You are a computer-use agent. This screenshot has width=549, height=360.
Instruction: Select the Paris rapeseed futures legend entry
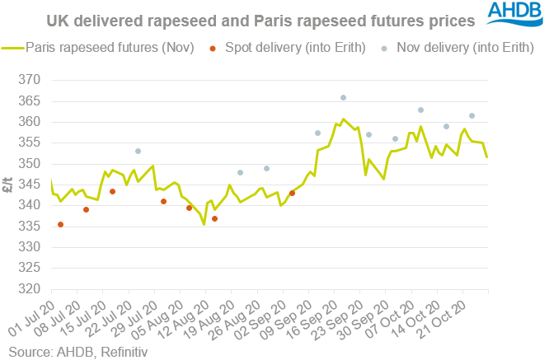[99, 47]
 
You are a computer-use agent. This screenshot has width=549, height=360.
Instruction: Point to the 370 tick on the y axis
[30, 80]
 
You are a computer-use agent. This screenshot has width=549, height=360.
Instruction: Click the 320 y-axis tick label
[30, 290]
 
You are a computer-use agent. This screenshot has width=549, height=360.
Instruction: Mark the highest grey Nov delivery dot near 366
[343, 97]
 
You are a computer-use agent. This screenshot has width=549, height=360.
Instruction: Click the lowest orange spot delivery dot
[60, 224]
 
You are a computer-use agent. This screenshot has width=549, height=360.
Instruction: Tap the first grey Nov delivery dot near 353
[138, 151]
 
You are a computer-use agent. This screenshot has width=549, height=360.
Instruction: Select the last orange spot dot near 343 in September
[292, 193]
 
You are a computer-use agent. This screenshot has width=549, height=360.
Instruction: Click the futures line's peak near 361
[343, 119]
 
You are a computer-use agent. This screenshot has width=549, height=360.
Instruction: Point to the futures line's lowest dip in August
[204, 224]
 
